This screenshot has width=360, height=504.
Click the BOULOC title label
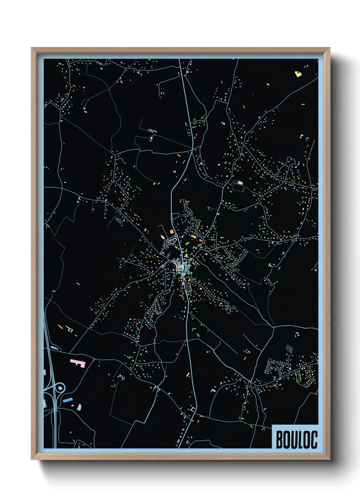tap(296, 439)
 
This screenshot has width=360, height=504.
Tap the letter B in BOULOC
tap(279, 440)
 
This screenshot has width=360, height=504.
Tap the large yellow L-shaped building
tap(298, 74)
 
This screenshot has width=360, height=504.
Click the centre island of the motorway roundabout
tap(60, 388)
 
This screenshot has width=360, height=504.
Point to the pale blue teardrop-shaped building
tap(79, 407)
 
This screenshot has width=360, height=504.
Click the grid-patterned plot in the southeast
tap(289, 348)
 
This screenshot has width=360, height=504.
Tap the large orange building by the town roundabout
tap(172, 232)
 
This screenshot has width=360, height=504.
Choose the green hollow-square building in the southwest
tap(70, 330)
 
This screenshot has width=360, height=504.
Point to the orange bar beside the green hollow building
tap(61, 327)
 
